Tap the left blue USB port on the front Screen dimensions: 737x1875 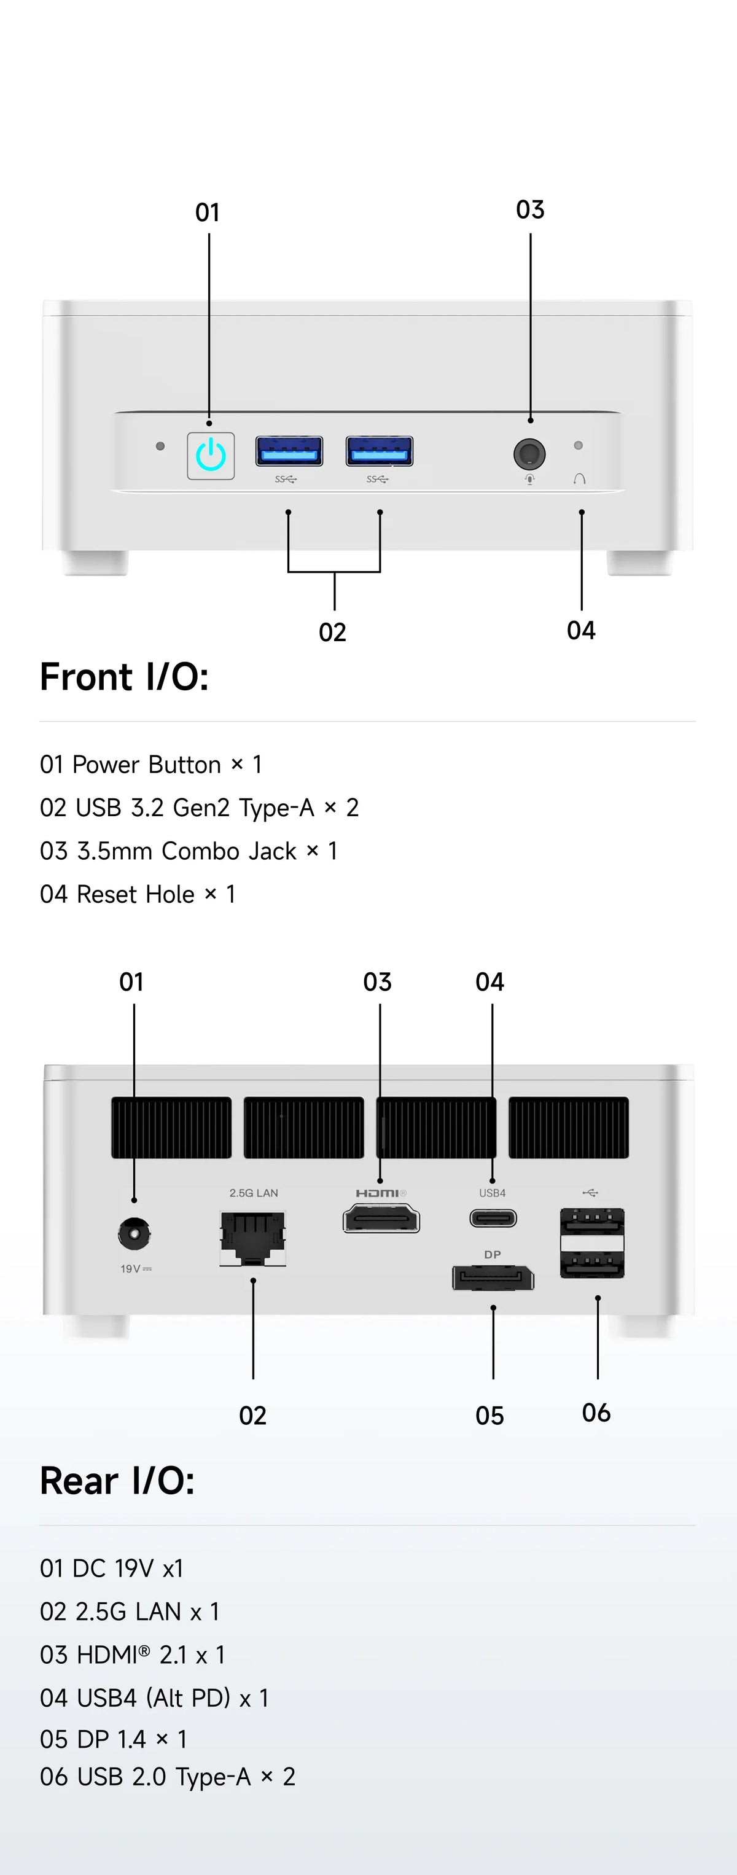pos(289,451)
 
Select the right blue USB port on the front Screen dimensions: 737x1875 pos(379,451)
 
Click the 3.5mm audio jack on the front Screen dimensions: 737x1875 pos(529,453)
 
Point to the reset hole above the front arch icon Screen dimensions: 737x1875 pos(579,445)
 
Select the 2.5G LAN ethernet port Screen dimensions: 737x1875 pos(252,1238)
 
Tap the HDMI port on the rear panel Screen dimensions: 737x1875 pos(381,1218)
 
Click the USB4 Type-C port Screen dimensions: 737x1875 pos(493,1218)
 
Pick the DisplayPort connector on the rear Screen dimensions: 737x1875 pos(493,1278)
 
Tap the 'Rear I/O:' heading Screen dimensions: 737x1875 pos(117,1481)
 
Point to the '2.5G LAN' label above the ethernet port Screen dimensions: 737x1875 pos(253,1193)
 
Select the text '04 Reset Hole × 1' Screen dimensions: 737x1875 pos(138,894)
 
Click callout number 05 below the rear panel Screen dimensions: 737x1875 pos(489,1416)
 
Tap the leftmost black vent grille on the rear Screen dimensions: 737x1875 pos(171,1128)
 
